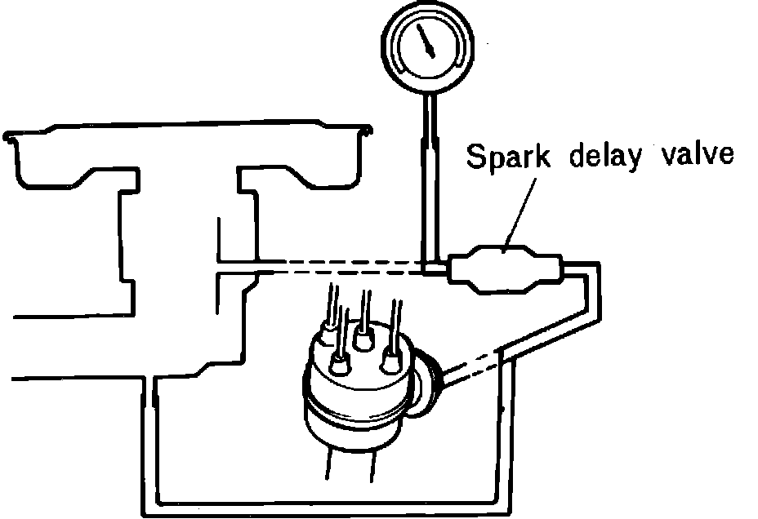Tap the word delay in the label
[x=604, y=157]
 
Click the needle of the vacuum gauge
[x=426, y=40]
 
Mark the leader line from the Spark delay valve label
[x=521, y=207]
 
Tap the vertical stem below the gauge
[x=429, y=180]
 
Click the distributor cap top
[x=359, y=343]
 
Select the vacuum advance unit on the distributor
[x=426, y=388]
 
